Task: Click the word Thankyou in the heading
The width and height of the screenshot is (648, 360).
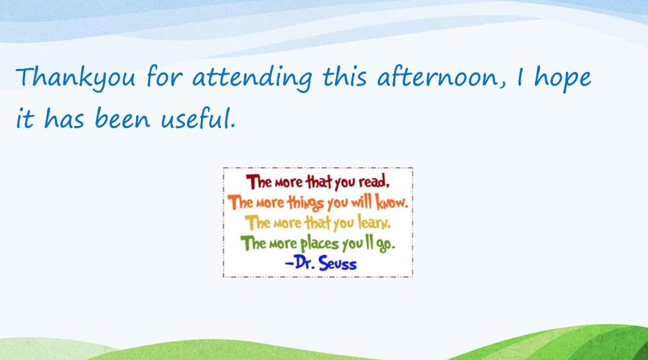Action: pos(75,78)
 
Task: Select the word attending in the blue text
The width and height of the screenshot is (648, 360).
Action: pos(252,78)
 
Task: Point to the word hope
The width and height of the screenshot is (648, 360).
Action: pos(562,78)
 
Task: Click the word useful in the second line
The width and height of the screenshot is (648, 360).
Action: pos(197,118)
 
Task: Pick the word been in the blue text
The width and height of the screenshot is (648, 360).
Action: pos(122,118)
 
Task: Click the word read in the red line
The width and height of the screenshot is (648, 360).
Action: pos(374,182)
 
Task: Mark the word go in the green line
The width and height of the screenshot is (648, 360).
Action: pos(385,245)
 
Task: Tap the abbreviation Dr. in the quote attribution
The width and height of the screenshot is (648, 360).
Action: pos(305,263)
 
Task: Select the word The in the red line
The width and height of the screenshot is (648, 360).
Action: pos(258,182)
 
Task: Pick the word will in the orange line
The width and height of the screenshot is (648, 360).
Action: pos(361,202)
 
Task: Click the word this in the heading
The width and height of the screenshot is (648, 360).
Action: pos(344,77)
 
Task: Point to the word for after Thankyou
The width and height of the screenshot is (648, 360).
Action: pos(164,77)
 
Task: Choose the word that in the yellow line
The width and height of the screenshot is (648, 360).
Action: pos(318,223)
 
